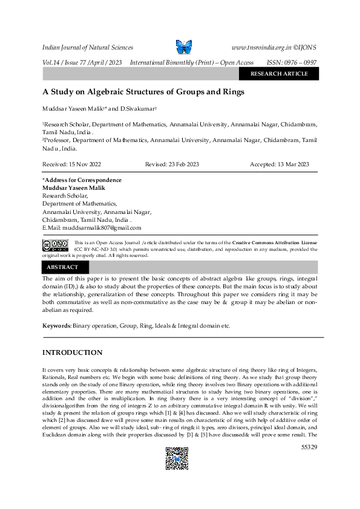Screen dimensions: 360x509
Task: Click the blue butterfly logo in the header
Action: [x=183, y=47]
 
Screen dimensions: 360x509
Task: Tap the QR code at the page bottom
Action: [x=177, y=458]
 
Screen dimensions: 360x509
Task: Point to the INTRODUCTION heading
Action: [x=72, y=352]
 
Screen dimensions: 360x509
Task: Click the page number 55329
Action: [x=309, y=447]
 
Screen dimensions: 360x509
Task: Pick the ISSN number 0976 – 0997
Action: [x=301, y=63]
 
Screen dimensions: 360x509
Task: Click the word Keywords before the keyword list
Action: [x=56, y=325]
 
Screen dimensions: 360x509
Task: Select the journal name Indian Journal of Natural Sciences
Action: [x=87, y=47]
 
